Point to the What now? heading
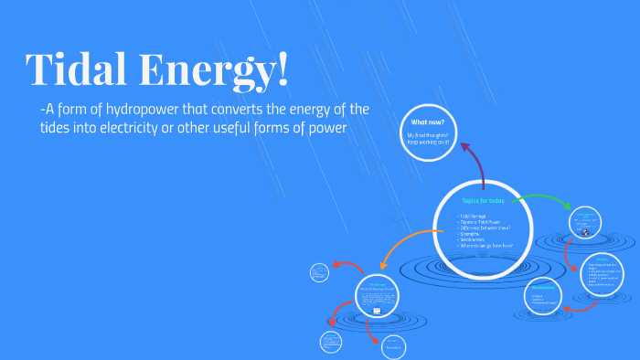[x=428, y=122]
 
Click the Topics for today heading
[x=483, y=200]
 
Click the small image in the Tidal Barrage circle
[x=376, y=312]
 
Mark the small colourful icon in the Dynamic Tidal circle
[x=585, y=232]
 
